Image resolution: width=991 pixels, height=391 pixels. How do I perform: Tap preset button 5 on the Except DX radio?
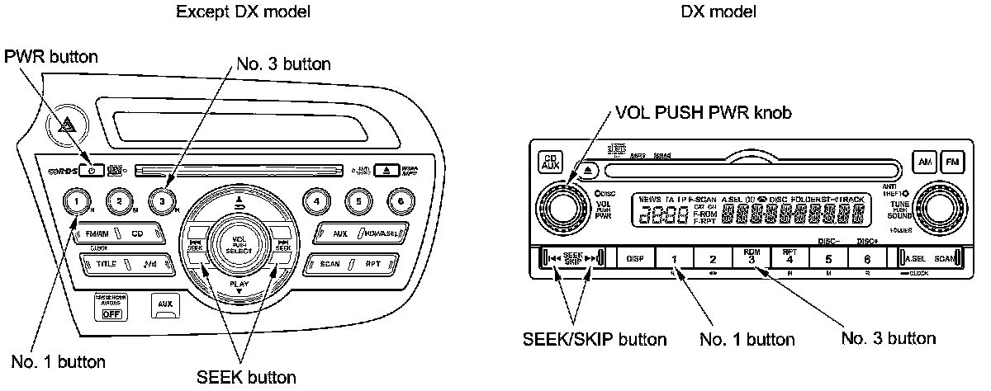[x=358, y=199]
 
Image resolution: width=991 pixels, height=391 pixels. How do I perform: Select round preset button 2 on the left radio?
[x=121, y=200]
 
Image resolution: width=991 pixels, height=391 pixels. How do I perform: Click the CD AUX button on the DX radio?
[x=549, y=163]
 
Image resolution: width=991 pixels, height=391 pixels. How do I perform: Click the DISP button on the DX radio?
[x=635, y=259]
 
